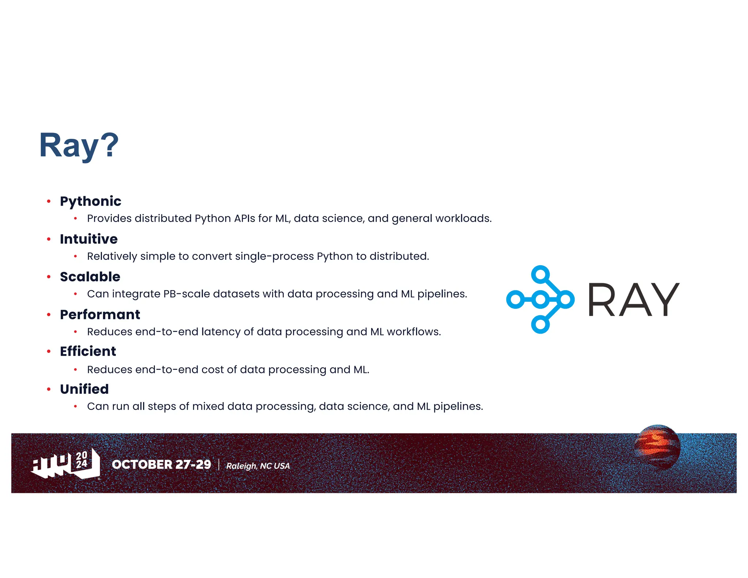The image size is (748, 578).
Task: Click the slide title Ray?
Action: (x=79, y=145)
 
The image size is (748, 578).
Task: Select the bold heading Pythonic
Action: (x=91, y=201)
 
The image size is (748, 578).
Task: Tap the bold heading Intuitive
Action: (x=89, y=239)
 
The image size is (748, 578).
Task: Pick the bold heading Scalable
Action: (x=90, y=277)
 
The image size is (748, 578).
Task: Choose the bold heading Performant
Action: (x=100, y=315)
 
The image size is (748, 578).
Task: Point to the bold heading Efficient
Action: (x=88, y=351)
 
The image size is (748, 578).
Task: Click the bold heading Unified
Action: (x=84, y=389)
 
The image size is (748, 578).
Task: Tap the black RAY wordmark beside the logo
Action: (x=633, y=300)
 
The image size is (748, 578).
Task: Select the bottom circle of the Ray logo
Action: (x=541, y=324)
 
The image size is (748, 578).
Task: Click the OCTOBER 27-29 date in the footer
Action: (x=161, y=464)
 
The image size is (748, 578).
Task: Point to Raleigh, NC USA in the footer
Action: (x=258, y=466)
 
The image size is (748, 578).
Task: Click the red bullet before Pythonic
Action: (x=49, y=201)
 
